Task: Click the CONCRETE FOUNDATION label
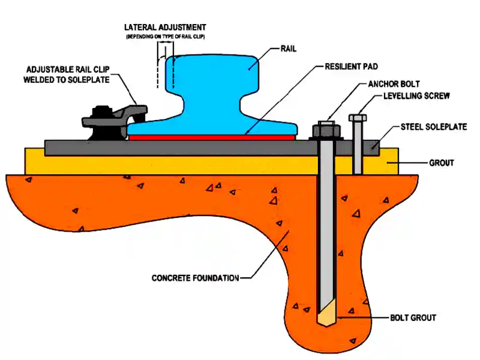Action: (x=195, y=278)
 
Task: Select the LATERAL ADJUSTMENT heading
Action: (x=165, y=28)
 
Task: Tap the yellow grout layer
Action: (x=180, y=163)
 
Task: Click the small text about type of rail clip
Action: (x=166, y=37)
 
